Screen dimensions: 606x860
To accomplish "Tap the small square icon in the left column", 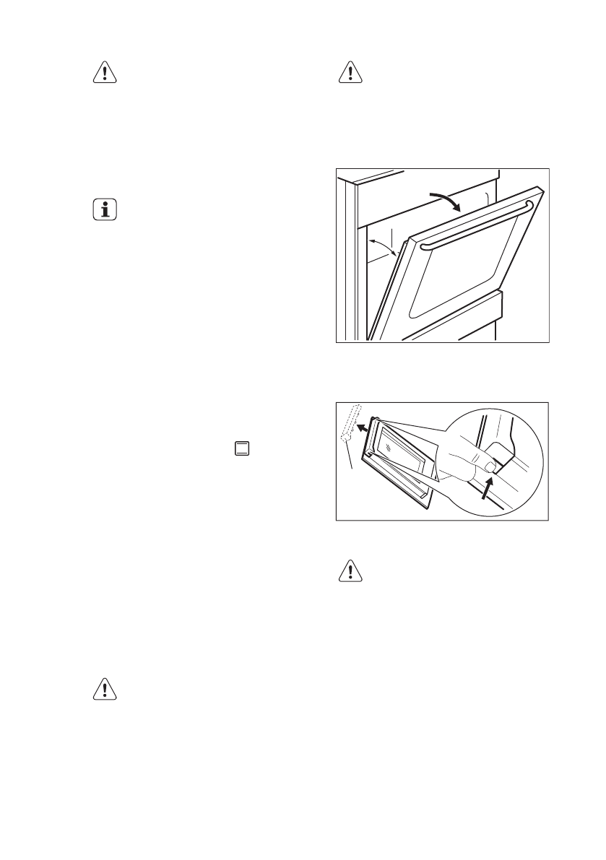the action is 242,448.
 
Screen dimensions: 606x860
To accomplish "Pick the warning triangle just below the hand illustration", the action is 351,571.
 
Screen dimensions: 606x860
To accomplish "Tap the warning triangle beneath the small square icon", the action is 105,690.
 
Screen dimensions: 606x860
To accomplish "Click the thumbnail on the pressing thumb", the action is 490,467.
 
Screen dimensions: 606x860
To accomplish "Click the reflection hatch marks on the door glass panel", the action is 391,447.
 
